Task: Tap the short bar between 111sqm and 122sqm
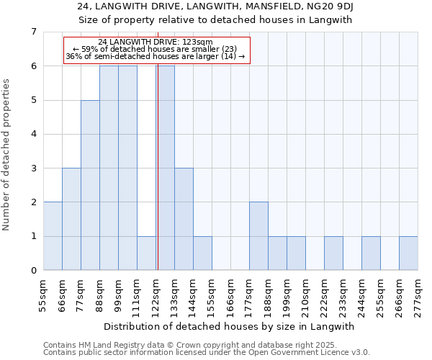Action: coord(146,253)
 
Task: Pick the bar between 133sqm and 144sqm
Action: coord(184,219)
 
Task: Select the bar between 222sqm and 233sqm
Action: coord(333,253)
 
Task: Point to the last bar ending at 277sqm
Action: coord(408,253)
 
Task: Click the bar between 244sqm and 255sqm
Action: coord(371,253)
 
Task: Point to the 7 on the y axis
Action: coord(33,32)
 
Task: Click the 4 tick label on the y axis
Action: coord(33,134)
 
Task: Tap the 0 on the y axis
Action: coord(33,271)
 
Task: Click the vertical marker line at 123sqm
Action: coord(157,166)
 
